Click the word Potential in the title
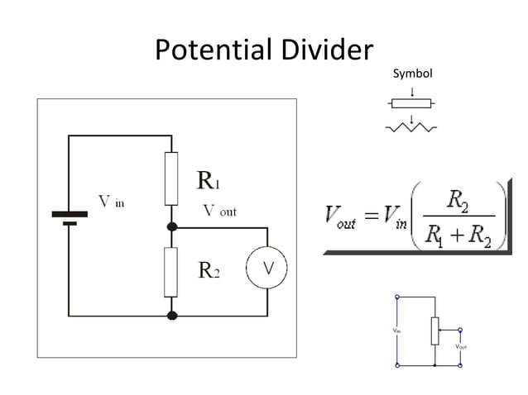(214, 50)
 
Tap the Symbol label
(412, 74)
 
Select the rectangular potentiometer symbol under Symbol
(411, 103)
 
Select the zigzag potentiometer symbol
(411, 127)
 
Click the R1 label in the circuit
(208, 179)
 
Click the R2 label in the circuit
(208, 270)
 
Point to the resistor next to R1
(171, 178)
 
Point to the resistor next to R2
(171, 272)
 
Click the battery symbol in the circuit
(70, 217)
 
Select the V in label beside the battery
(112, 202)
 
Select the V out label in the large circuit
(219, 212)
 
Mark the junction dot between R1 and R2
(172, 226)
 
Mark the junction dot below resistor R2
(172, 315)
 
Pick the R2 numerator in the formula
(458, 199)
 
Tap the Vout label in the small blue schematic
(462, 347)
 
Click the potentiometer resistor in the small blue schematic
(434, 330)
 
